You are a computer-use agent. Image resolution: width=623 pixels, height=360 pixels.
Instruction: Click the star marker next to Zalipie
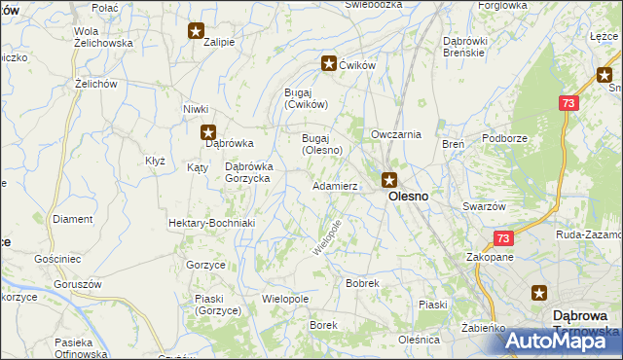point(196,30)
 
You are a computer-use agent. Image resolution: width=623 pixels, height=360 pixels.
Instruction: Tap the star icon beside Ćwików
point(329,63)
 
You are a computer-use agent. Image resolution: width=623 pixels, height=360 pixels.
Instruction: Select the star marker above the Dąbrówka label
point(207,132)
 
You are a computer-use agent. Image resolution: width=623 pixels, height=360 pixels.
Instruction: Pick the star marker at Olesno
point(389,179)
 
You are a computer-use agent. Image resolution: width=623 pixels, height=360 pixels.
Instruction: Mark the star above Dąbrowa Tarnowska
point(541,292)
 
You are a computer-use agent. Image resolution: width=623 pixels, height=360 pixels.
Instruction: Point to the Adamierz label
point(335,185)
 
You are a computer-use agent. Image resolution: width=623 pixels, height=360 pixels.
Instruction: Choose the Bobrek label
point(362,283)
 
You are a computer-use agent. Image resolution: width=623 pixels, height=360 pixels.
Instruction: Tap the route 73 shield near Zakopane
point(502,238)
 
